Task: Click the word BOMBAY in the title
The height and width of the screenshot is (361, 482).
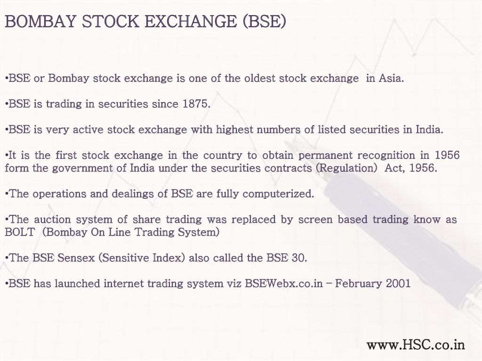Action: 40,22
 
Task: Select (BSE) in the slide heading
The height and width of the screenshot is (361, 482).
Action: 265,22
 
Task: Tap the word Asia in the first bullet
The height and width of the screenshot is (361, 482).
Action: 391,78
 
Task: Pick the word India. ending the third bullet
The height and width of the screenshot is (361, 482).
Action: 429,130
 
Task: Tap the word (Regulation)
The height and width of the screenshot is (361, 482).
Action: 347,168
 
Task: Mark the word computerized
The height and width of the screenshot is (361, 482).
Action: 278,194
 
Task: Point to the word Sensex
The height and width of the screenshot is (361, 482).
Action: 76,258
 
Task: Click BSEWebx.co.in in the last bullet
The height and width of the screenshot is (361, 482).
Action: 284,283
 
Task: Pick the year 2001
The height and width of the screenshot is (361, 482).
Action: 398,283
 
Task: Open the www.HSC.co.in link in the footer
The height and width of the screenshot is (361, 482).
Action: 416,345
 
